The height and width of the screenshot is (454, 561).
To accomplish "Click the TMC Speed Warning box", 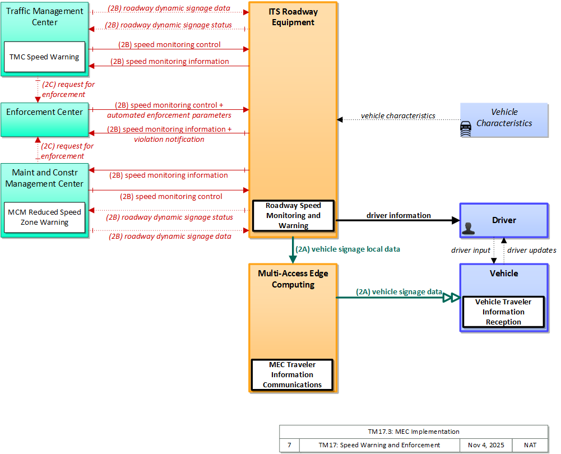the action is [x=45, y=57].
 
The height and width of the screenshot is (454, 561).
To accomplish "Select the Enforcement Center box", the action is [x=45, y=120].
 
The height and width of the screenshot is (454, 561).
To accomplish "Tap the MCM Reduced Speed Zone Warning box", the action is [x=45, y=217].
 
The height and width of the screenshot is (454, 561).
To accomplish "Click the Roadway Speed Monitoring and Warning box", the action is [x=293, y=215].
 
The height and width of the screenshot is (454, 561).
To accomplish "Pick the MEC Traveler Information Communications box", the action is [x=293, y=374].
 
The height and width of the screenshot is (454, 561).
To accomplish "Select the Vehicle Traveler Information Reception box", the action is [x=503, y=312].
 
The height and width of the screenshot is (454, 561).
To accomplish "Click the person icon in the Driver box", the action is [x=468, y=229].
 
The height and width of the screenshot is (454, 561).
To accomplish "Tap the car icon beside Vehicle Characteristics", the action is [x=466, y=129].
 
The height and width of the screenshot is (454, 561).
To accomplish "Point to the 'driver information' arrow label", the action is [x=398, y=215].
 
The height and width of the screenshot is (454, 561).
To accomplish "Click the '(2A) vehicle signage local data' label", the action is [x=348, y=249].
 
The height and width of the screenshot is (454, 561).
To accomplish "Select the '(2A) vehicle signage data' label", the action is [x=399, y=291].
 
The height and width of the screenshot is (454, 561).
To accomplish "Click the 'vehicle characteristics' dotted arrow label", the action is [x=398, y=115].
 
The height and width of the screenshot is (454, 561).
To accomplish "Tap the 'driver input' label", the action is [x=470, y=250].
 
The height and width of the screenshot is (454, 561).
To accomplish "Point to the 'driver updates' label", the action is [x=532, y=250].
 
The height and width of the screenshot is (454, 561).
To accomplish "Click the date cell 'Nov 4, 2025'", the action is [x=486, y=445].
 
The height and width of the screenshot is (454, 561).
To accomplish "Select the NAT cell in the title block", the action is [x=530, y=445].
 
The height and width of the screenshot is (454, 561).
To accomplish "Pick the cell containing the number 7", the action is [x=289, y=445].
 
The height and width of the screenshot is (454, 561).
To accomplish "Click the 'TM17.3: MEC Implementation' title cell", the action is [x=414, y=432].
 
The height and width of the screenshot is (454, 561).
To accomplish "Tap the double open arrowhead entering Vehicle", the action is [x=451, y=297].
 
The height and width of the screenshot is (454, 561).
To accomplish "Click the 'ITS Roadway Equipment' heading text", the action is [x=293, y=17].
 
